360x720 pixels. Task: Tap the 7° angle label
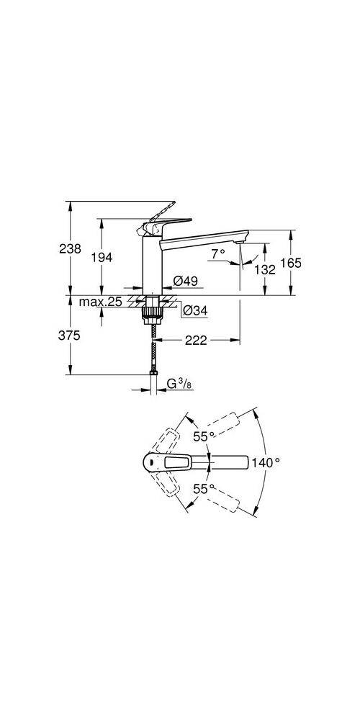point(218,254)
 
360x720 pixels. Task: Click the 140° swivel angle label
point(266,463)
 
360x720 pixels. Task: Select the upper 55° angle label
point(203,436)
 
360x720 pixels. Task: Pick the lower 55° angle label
point(203,488)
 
